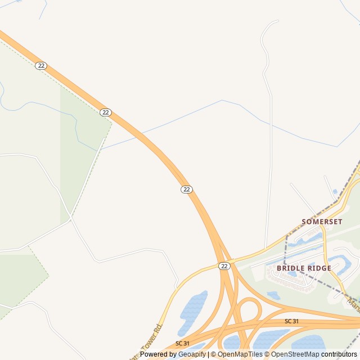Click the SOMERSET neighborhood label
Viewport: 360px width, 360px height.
pos(322,222)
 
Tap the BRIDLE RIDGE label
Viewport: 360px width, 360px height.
pos(304,268)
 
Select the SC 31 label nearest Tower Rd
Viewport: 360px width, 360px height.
pos(182,343)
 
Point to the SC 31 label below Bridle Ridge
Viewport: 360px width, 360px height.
pos(291,321)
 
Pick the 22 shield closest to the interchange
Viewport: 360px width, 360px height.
pos(224,265)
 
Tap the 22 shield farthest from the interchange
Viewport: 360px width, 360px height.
pos(40,66)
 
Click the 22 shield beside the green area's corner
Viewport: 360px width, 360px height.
pos(106,112)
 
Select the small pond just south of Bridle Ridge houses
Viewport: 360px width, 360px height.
pos(274,295)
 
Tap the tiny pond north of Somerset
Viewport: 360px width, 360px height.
pos(336,192)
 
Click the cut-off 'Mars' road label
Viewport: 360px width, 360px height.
pos(353,304)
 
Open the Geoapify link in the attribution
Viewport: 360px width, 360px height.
pos(192,354)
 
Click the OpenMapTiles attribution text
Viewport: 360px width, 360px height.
pos(240,354)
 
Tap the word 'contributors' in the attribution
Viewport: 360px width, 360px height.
pos(339,354)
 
